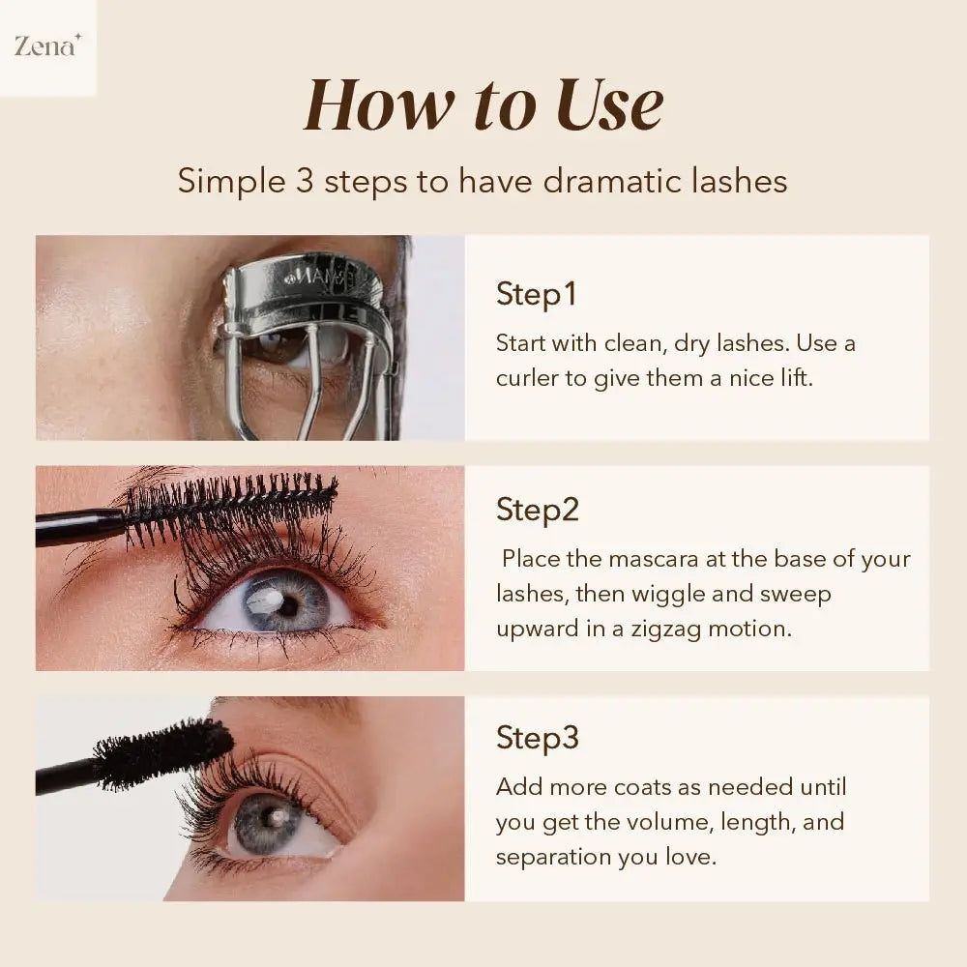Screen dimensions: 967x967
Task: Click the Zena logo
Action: point(46,45)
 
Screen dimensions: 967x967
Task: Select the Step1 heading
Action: point(536,294)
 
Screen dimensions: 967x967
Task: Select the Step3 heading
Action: point(537,738)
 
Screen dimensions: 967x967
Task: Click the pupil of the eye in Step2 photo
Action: point(288,604)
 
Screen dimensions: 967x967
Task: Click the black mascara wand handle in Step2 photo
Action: point(77,526)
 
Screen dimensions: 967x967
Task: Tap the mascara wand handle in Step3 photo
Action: point(63,777)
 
